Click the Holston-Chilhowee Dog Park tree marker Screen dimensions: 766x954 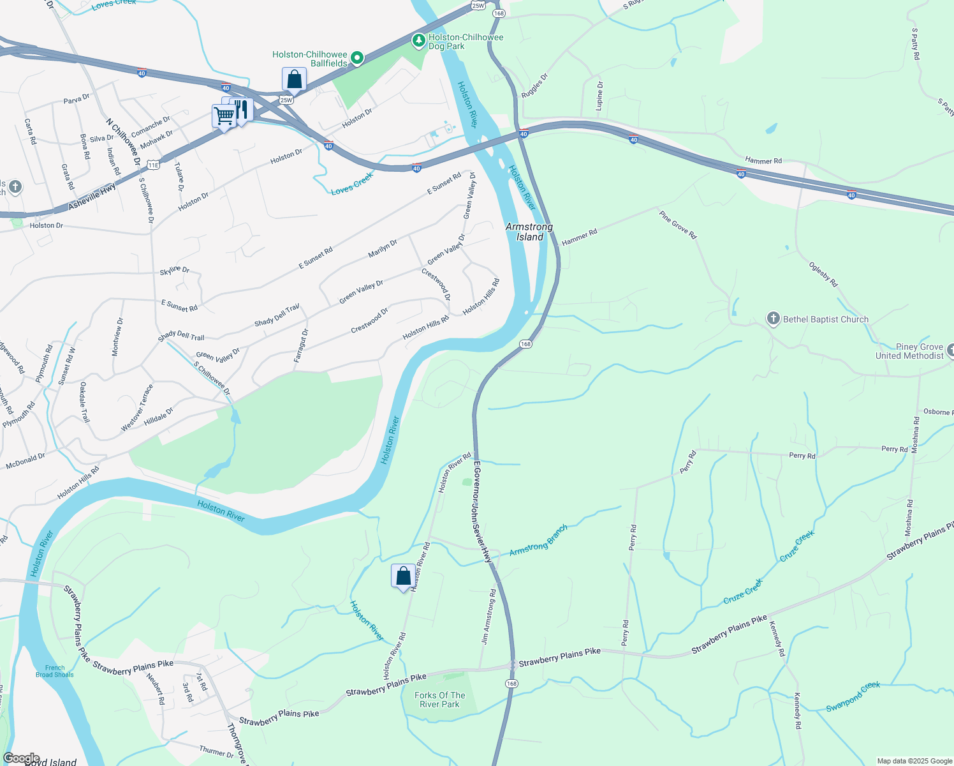pos(418,41)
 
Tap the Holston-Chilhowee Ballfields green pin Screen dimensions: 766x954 pos(357,59)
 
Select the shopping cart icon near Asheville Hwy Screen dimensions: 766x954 pos(224,117)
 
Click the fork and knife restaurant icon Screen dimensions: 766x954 pos(241,109)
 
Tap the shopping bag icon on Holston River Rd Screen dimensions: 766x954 pos(403,576)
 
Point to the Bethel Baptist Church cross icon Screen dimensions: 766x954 pos(773,319)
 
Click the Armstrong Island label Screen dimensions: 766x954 pos(529,232)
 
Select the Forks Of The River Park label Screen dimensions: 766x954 pos(440,700)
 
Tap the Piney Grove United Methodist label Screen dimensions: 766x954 pos(909,351)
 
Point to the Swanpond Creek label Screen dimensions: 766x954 pos(853,696)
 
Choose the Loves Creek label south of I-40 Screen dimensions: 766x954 pos(352,184)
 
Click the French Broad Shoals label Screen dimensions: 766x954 pos(55,671)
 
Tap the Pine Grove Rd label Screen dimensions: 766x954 pos(679,225)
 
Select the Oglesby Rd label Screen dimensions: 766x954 pos(823,274)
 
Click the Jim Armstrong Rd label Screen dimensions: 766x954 pos(488,617)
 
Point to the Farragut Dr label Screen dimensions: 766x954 pos(301,345)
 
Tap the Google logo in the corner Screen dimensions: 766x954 pos(22,758)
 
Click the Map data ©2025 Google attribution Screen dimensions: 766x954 pos(914,761)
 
